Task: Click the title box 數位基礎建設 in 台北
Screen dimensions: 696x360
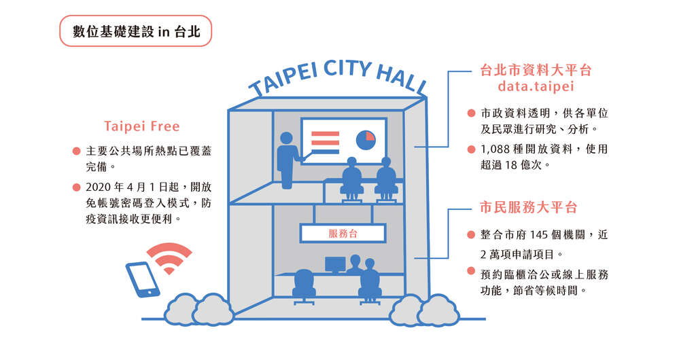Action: click(x=135, y=31)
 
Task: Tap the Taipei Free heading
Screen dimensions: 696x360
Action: click(x=142, y=126)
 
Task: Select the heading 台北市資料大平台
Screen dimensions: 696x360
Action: click(x=536, y=70)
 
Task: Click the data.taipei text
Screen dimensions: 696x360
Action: click(x=536, y=86)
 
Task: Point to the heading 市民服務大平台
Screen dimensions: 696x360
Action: click(x=528, y=207)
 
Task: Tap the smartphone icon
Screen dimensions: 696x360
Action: click(x=143, y=279)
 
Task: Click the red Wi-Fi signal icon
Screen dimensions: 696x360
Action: click(x=169, y=258)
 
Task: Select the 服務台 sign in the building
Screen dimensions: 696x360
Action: click(x=343, y=233)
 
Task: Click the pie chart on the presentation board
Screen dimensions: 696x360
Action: click(x=366, y=140)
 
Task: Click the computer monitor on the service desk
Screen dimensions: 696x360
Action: click(x=335, y=265)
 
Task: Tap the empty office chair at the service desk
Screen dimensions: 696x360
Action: click(x=304, y=287)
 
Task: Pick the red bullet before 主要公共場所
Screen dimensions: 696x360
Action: click(x=76, y=151)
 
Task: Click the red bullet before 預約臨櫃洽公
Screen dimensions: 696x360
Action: click(x=471, y=270)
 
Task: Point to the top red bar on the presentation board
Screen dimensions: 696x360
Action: click(x=326, y=134)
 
